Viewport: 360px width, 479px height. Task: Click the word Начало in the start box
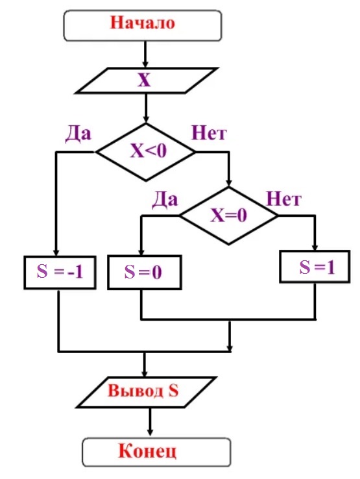142,23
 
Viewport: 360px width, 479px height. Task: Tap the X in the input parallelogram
144,80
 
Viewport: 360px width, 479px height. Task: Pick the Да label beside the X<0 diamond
78,133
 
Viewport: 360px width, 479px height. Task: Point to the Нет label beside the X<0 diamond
209,133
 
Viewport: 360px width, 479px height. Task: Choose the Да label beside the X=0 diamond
165,200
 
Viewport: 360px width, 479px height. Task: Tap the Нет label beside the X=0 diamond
283,199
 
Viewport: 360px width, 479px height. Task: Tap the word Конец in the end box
147,451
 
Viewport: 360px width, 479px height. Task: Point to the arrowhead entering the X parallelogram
145,64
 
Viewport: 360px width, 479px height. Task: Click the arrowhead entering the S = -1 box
56,252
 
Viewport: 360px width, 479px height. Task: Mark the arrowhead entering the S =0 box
141,252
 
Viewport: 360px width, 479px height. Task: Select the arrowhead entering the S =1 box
315,247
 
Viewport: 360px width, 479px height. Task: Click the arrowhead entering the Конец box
150,432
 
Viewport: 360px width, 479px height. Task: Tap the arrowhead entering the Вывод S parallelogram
145,374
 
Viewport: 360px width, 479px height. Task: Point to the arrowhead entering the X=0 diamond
229,183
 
